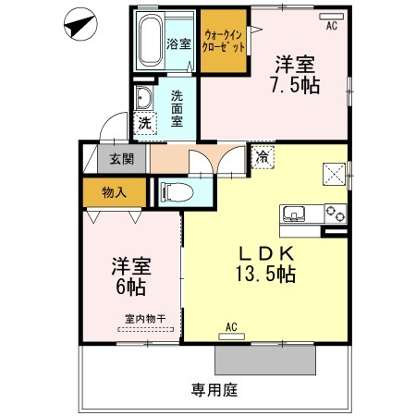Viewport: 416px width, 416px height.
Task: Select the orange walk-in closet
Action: coord(224,43)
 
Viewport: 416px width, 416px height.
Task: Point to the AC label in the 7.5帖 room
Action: coord(331,25)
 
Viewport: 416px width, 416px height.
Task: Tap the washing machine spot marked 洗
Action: coord(145,122)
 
